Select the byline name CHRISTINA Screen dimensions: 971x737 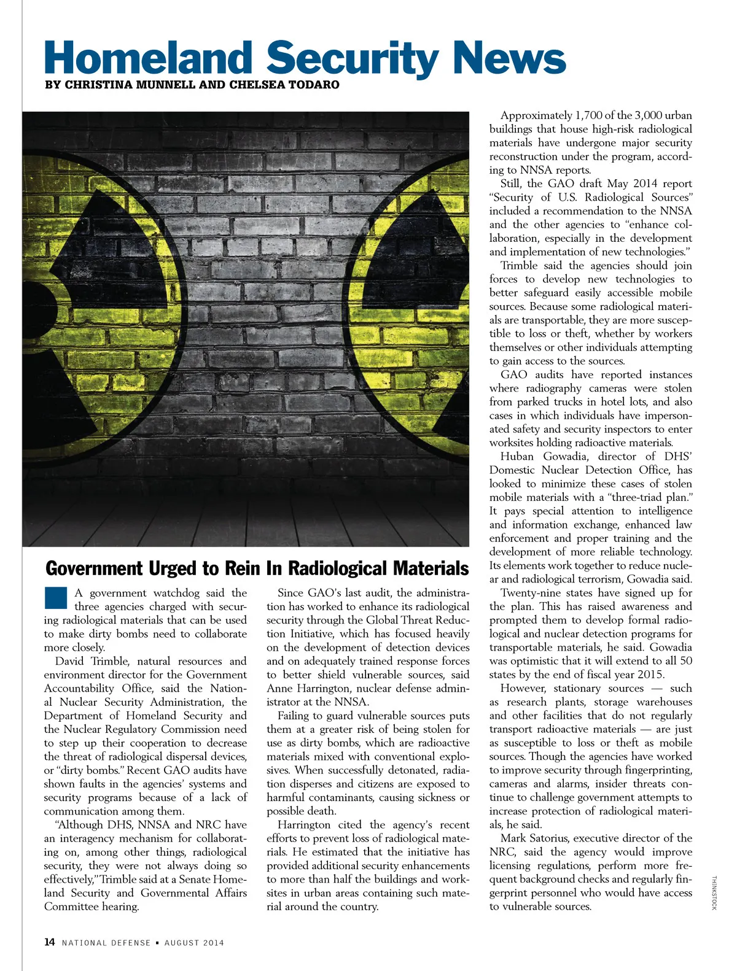click(x=99, y=85)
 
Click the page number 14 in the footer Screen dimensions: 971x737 click(x=50, y=942)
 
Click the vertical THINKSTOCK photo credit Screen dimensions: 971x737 click(x=714, y=894)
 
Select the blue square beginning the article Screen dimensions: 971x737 click(x=55, y=598)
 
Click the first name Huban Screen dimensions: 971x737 click(x=516, y=457)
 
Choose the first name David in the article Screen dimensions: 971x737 click(x=69, y=661)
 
